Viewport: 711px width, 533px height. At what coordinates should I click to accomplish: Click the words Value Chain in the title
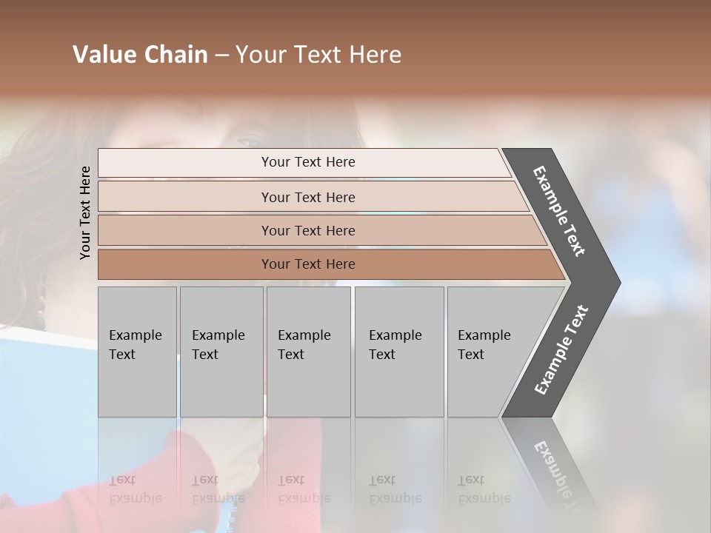pos(140,55)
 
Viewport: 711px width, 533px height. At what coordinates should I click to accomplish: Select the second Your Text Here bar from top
pos(308,197)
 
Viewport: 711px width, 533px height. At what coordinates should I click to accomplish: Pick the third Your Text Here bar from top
pos(308,230)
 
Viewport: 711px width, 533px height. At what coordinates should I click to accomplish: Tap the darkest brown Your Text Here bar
pos(308,264)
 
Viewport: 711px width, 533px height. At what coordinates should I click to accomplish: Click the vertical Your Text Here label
pos(85,212)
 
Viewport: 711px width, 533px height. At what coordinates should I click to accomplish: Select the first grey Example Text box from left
pos(137,352)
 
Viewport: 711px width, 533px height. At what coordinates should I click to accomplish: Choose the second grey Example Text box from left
pos(221,352)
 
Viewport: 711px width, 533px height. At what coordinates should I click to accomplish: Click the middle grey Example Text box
pos(308,352)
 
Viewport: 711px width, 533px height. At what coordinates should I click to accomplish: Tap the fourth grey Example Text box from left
pos(398,352)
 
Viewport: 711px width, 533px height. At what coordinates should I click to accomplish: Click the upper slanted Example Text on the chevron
pos(559,211)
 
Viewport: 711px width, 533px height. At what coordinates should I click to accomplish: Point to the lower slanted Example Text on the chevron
pos(561,350)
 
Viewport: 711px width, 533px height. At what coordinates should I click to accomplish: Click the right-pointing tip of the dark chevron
pos(616,283)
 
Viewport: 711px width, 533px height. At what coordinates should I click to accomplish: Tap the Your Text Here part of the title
pos(318,55)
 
